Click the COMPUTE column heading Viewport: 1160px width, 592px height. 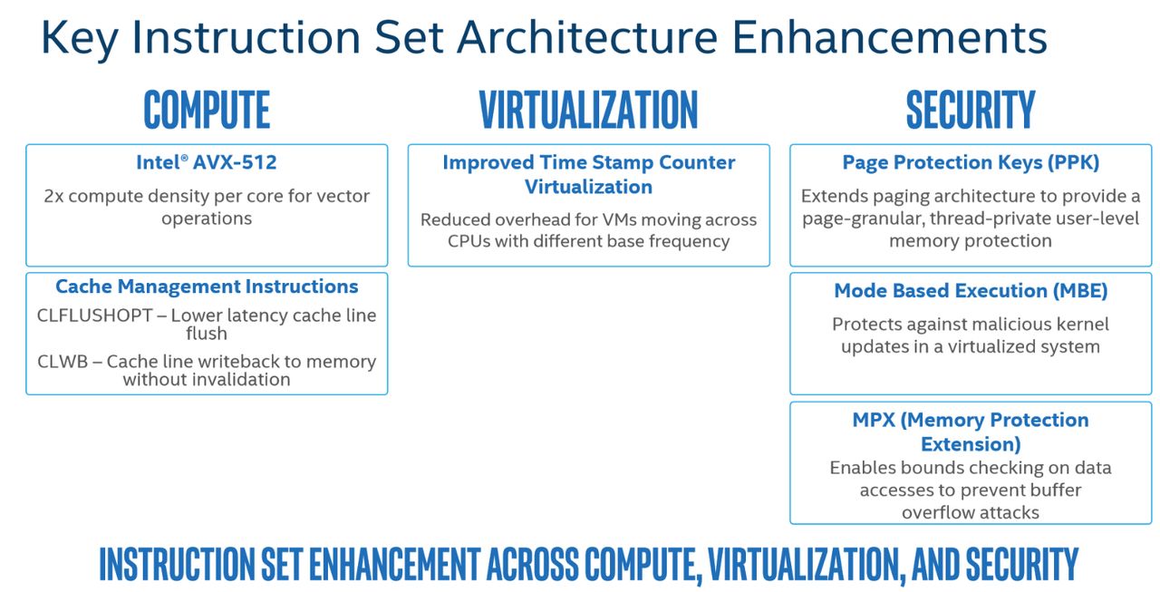click(207, 110)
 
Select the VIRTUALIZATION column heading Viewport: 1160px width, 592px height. click(588, 110)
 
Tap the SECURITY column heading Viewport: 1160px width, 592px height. click(971, 110)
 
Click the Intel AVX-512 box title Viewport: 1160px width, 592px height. click(206, 162)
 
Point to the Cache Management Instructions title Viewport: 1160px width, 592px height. click(207, 286)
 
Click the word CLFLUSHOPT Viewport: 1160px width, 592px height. click(95, 315)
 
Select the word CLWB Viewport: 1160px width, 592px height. click(63, 362)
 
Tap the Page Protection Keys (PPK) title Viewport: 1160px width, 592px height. click(971, 163)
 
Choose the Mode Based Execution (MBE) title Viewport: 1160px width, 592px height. click(971, 291)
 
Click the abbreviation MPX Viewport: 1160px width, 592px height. click(874, 420)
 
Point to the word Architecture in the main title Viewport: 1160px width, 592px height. click(586, 37)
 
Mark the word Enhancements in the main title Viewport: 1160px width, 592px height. click(890, 37)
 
